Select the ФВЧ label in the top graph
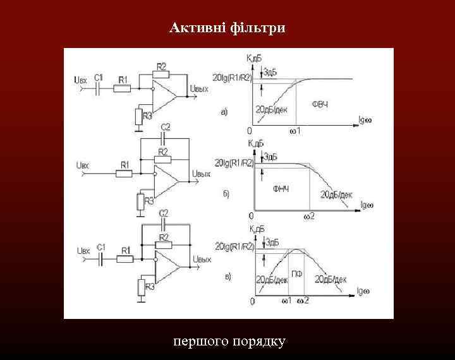click(320, 103)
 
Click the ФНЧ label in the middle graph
click(281, 189)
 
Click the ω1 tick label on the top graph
click(295, 131)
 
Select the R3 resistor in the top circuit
click(138, 116)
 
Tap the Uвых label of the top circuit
click(200, 90)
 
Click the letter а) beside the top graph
click(224, 112)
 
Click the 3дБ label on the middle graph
click(271, 156)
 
